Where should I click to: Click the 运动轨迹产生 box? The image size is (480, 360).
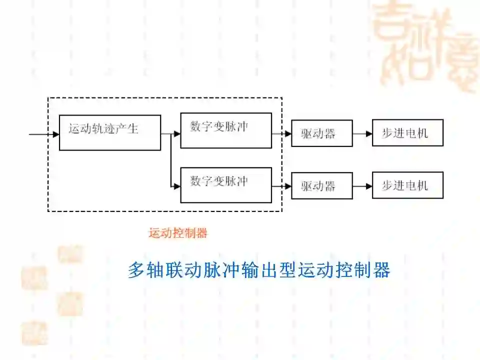coord(110,132)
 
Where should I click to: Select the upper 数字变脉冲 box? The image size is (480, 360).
coord(226,130)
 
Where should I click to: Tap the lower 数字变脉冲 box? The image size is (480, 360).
coord(226,185)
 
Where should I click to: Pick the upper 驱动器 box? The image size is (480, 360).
coord(321,133)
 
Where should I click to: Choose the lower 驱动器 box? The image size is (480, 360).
coord(321,185)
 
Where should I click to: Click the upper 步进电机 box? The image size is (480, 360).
coord(407,132)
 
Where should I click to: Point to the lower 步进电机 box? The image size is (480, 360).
coord(407,185)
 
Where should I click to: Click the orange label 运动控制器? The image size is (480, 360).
coord(177,233)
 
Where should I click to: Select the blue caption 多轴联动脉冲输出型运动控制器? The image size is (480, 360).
coord(258,270)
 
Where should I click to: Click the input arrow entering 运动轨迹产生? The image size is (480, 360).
coord(45,134)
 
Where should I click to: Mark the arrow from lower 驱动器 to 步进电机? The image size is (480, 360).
coord(362,186)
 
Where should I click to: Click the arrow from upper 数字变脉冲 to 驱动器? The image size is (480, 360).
coord(282,134)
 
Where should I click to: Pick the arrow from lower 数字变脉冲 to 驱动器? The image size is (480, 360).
coord(282,186)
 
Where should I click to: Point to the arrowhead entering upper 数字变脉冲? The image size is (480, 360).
coord(177,134)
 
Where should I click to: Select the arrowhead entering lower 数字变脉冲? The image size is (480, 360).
coord(177,186)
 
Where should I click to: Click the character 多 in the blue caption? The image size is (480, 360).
coord(135,270)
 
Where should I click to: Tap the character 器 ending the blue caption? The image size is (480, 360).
coord(382,270)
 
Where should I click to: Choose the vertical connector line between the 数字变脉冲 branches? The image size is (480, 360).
coord(170,160)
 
